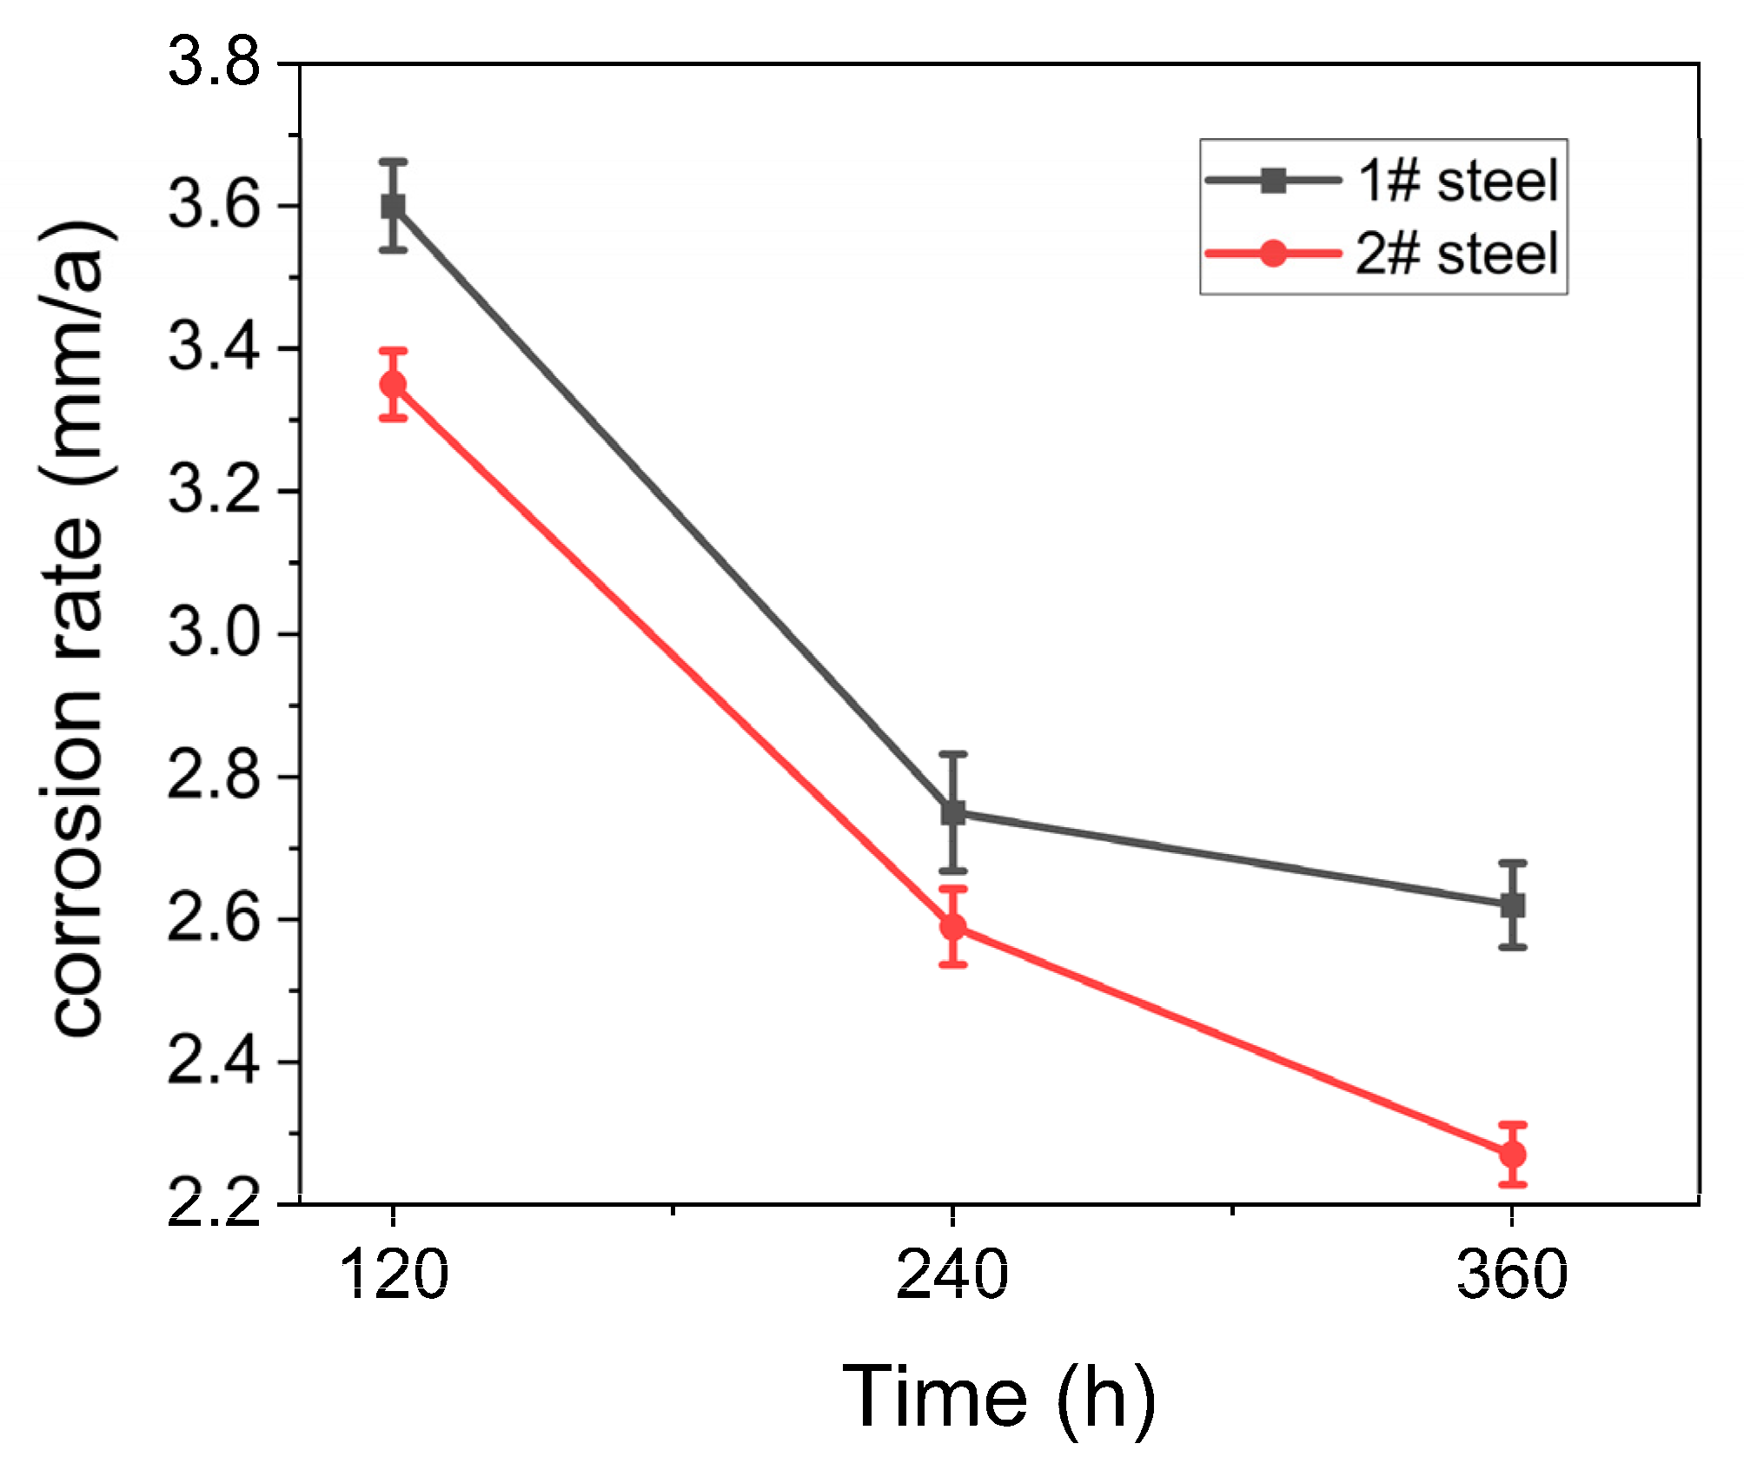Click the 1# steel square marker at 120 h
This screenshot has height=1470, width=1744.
[x=394, y=207]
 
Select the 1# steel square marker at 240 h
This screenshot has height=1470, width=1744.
[x=953, y=812]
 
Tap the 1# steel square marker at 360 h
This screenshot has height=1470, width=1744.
[x=1513, y=905]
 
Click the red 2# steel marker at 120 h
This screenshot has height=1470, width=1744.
[x=394, y=384]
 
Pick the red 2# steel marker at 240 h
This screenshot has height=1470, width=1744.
[x=953, y=926]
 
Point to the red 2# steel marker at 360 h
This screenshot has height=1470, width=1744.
[x=1513, y=1155]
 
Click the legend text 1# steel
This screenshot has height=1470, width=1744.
[x=1457, y=182]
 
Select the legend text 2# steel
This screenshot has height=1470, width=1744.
[x=1457, y=255]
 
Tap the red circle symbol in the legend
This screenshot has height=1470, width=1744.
[x=1273, y=254]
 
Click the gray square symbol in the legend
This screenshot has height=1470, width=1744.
[x=1273, y=181]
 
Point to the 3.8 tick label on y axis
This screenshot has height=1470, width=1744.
[x=214, y=63]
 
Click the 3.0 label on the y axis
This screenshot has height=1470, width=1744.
[x=214, y=633]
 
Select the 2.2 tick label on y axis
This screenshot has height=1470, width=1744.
[x=214, y=1204]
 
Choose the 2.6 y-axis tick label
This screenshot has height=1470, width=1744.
[x=214, y=919]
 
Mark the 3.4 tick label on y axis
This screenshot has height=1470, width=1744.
[x=214, y=348]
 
